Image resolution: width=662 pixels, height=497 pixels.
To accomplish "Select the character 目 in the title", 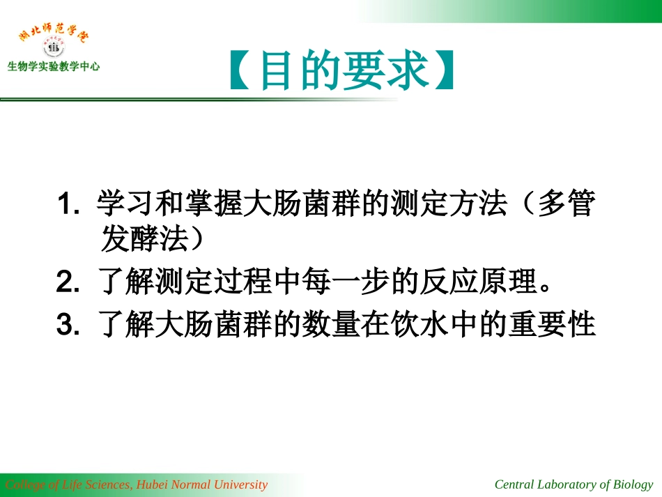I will [x=278, y=71].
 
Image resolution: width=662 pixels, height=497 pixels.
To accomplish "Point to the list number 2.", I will [x=67, y=283].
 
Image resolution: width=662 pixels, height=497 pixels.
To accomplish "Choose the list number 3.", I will [x=67, y=325].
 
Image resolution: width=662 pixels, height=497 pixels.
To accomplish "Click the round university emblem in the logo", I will [x=54, y=48].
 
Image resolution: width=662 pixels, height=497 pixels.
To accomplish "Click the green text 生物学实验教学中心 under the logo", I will [x=54, y=68].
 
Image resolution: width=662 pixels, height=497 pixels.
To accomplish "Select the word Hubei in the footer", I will [x=153, y=484].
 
